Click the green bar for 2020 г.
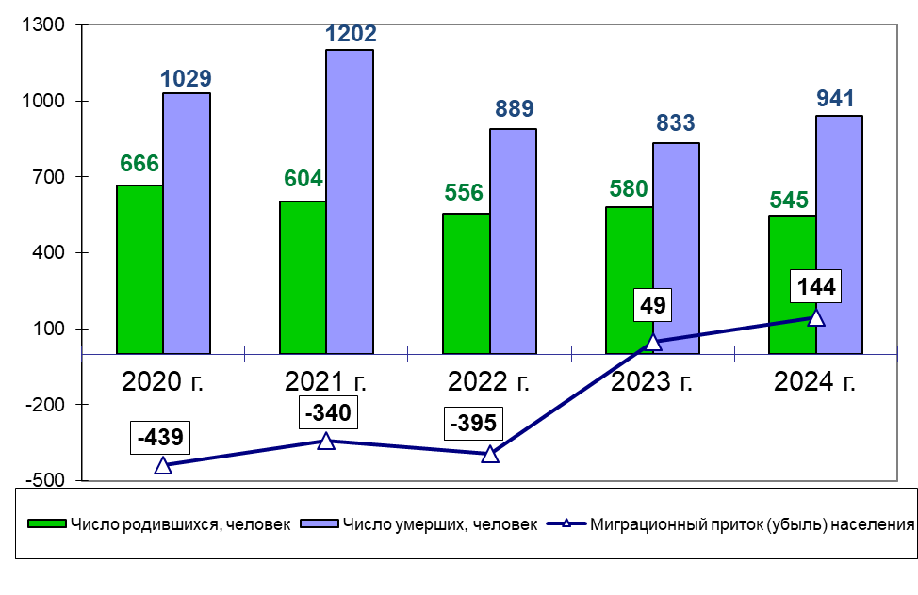coord(139,269)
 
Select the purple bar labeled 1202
coord(350,201)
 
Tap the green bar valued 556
coord(466,283)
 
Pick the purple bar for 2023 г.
coord(676,249)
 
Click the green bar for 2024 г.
coord(793,284)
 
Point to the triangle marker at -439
coord(163,465)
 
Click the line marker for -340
coord(326,441)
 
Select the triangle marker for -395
coord(490,454)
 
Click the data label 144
coord(814,286)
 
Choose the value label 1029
coord(187,79)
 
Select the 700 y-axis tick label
coord(47,177)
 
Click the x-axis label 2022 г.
coord(489,382)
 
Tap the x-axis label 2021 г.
coord(326,382)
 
